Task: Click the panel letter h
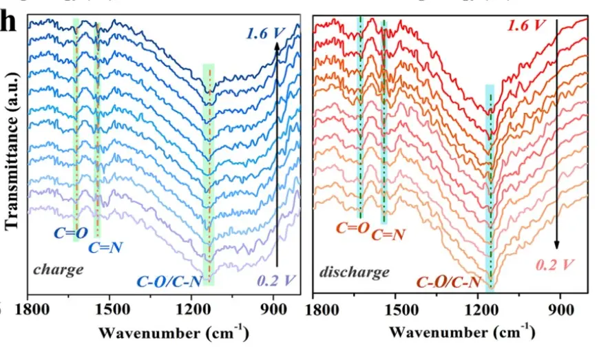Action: pyautogui.click(x=8, y=21)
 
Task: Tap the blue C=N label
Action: pyautogui.click(x=103, y=248)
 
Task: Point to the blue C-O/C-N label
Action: pyautogui.click(x=169, y=279)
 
